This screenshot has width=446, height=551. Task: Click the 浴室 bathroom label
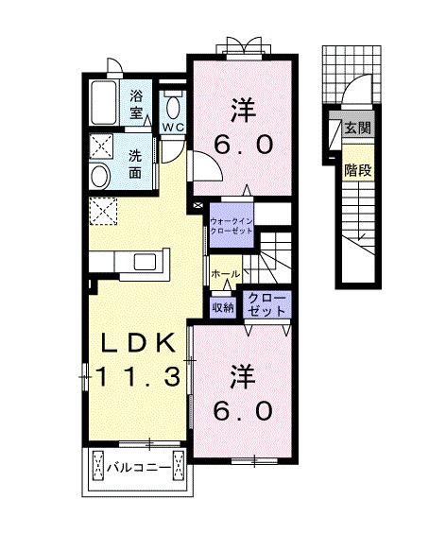point(137,104)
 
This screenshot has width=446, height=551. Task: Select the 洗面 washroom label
point(136,164)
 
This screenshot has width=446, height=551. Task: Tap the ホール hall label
point(226,274)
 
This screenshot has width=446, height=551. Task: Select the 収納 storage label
point(223,306)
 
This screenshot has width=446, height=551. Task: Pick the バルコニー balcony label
point(137,467)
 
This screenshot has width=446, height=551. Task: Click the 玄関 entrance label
point(356,129)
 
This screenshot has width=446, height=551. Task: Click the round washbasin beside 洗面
point(99,174)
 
